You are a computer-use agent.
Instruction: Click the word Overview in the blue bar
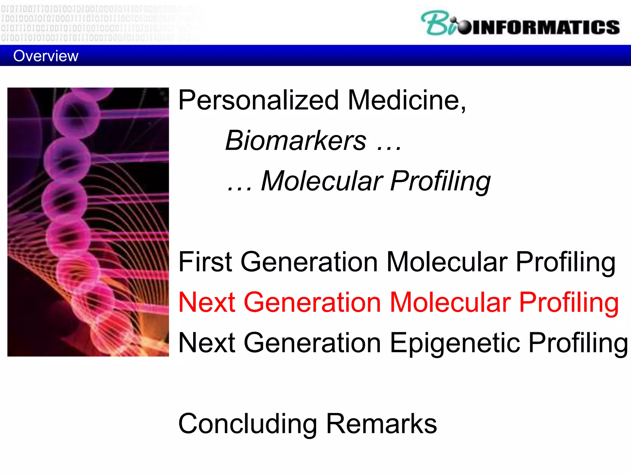(46, 56)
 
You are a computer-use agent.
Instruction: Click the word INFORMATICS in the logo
(545, 27)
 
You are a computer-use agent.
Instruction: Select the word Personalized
(259, 100)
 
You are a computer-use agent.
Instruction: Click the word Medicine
(404, 100)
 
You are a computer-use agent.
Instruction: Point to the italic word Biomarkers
(296, 141)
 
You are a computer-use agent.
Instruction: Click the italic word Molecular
(322, 181)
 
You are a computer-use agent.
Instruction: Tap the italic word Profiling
(441, 181)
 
